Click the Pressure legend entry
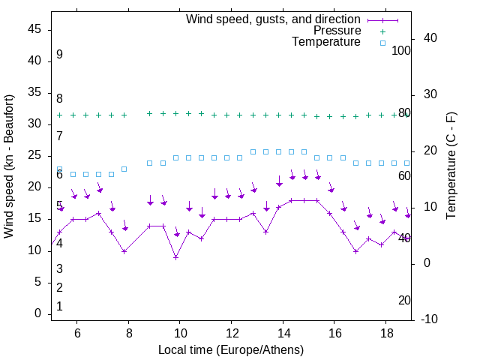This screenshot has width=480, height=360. coord(337,31)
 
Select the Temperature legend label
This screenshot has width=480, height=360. coord(326,42)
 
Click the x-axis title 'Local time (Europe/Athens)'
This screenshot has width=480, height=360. coord(231,349)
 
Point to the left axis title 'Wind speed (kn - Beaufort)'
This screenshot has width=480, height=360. coord(8,166)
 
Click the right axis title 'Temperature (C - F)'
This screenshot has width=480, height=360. coord(451,166)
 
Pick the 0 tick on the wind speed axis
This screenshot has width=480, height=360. coord(38,313)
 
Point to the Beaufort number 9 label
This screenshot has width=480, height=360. coord(59,55)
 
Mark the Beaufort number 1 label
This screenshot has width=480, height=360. coord(59,306)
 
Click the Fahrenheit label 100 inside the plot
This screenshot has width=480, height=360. coord(401,51)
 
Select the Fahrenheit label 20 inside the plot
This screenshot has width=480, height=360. coord(404,300)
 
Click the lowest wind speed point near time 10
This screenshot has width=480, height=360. coord(175,257)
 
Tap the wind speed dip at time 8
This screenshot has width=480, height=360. coord(124,250)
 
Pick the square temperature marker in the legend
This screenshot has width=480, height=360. coord(382,43)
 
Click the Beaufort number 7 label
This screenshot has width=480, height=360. coord(59,136)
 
